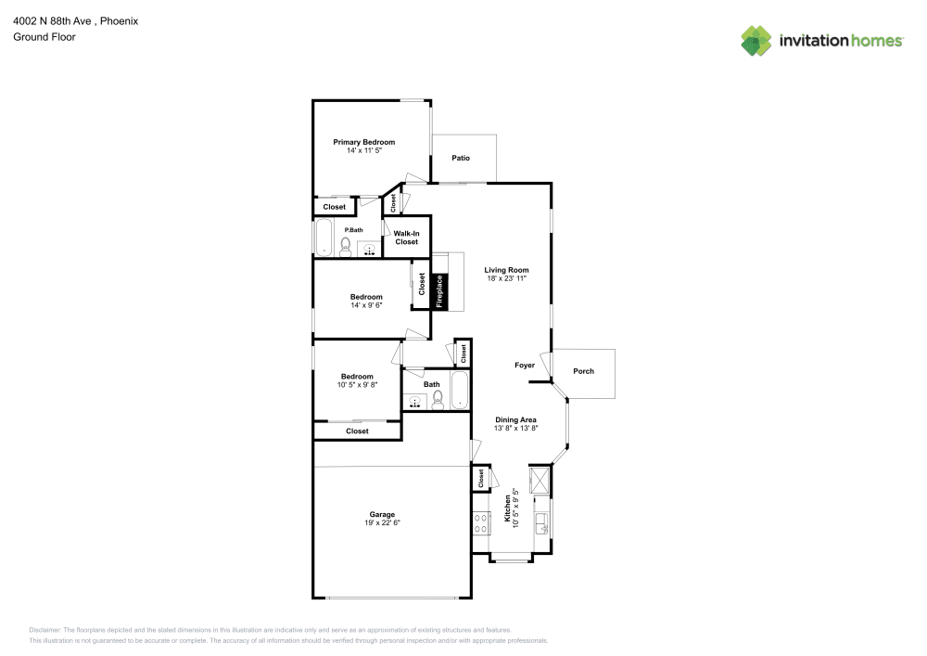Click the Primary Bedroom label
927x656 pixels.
pyautogui.click(x=364, y=142)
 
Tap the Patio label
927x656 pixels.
pyautogui.click(x=461, y=158)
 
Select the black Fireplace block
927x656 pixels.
pyautogui.click(x=440, y=291)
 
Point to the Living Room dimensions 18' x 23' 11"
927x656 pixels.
pyautogui.click(x=506, y=278)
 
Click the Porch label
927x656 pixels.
pyautogui.click(x=583, y=371)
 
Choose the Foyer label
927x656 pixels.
pyautogui.click(x=525, y=366)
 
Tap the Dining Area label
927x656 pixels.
pyautogui.click(x=515, y=419)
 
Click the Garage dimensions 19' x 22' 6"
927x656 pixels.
pyautogui.click(x=382, y=522)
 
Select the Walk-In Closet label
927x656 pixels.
pyautogui.click(x=406, y=238)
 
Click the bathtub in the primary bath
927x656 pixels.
pyautogui.click(x=324, y=238)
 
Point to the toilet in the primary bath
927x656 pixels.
pyautogui.click(x=346, y=246)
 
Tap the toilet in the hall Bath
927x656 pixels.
pyautogui.click(x=438, y=399)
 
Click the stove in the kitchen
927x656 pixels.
pyautogui.click(x=481, y=523)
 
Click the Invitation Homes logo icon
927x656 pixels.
pyautogui.click(x=756, y=40)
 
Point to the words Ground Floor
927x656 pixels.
pyautogui.click(x=44, y=37)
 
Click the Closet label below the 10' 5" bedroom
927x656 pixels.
pyautogui.click(x=357, y=431)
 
